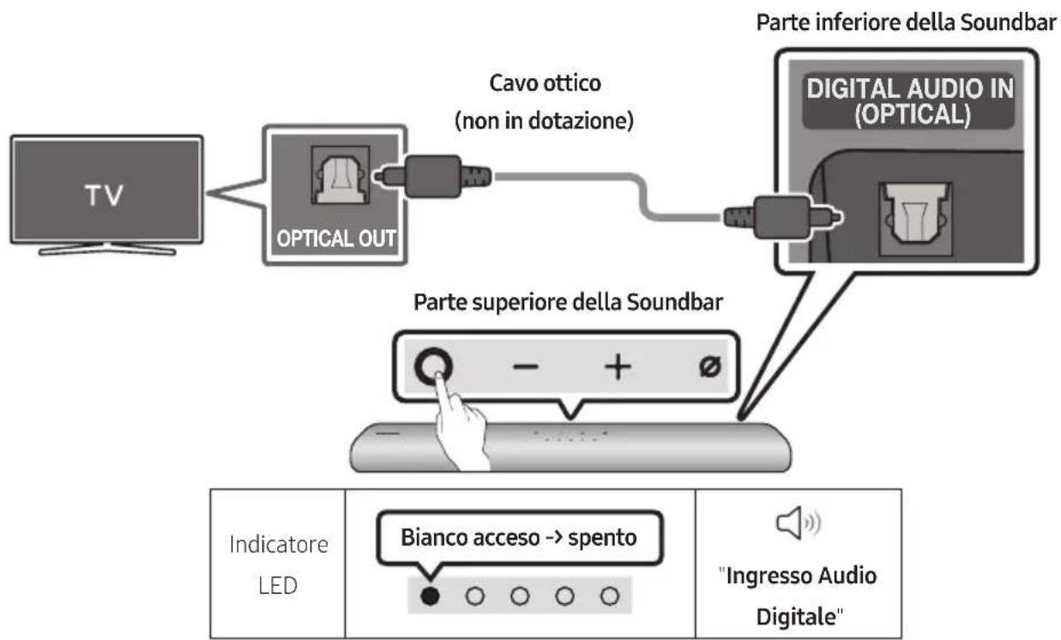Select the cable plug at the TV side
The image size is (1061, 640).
tap(432, 176)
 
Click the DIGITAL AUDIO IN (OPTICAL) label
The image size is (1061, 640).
tap(909, 103)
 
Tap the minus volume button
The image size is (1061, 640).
tap(527, 366)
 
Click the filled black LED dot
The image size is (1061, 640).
tap(431, 594)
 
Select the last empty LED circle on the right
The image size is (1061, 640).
tap(610, 594)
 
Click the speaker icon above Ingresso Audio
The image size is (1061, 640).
tap(796, 521)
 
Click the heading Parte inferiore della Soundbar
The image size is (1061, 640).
tap(906, 23)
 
